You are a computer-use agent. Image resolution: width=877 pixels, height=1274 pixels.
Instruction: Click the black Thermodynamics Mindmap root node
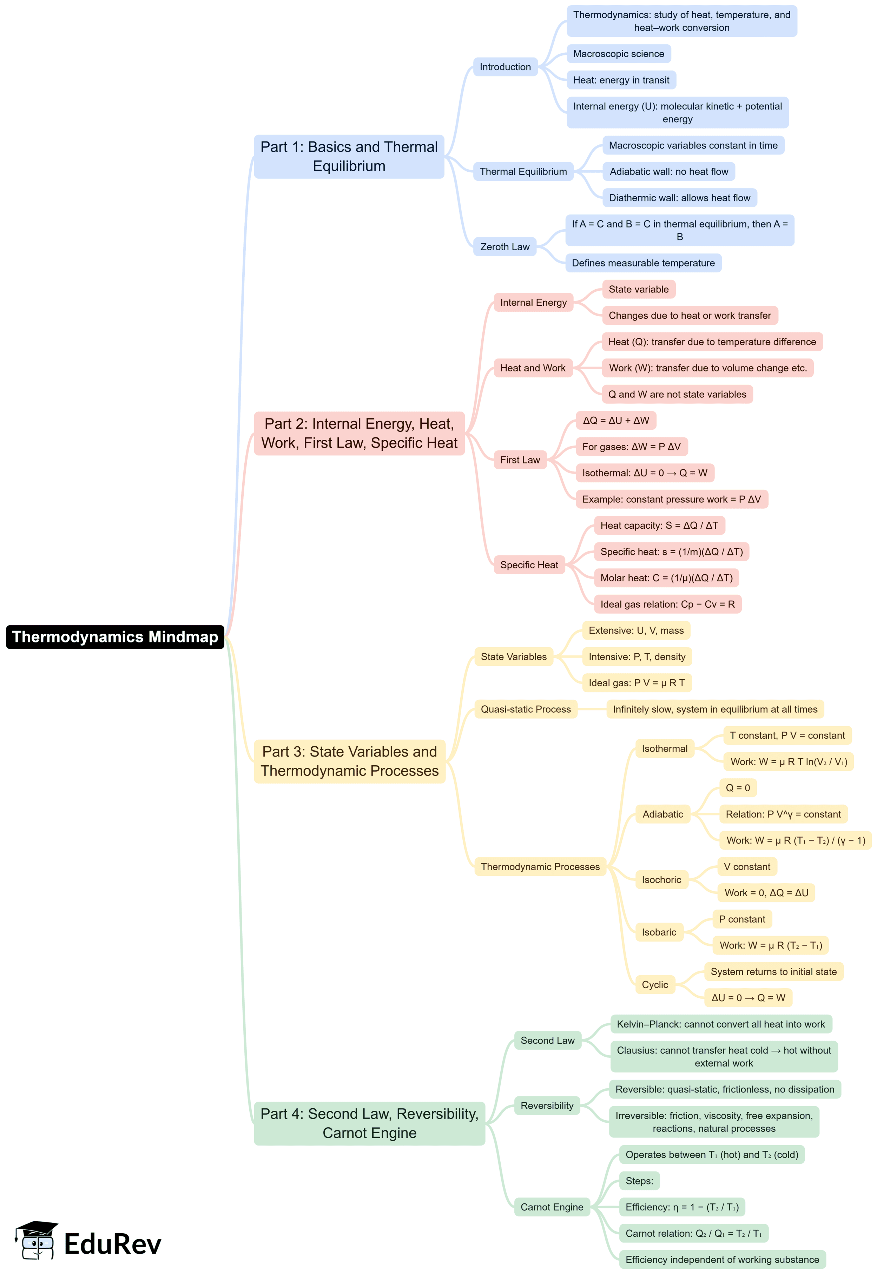(x=115, y=637)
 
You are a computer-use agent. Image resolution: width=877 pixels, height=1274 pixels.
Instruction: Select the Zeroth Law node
(x=505, y=247)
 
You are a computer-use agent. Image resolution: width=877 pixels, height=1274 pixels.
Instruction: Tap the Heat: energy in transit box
(x=621, y=80)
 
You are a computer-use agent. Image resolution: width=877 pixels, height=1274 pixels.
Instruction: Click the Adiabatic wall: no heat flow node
(x=668, y=171)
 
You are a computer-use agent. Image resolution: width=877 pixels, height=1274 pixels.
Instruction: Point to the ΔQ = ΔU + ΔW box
(x=615, y=420)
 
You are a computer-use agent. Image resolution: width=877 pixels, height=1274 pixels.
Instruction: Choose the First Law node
(x=520, y=460)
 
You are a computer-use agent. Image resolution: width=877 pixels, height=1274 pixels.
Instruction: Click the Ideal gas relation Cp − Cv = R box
(x=667, y=604)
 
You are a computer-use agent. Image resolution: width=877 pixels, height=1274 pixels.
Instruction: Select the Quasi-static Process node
(x=525, y=709)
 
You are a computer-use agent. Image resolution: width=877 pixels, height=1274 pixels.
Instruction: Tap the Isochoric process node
(x=661, y=879)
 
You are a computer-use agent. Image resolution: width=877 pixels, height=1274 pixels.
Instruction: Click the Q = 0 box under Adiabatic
(x=737, y=788)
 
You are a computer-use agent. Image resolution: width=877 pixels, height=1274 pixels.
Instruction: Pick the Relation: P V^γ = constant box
(x=783, y=814)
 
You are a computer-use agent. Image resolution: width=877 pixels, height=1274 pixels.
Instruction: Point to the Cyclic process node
(x=654, y=984)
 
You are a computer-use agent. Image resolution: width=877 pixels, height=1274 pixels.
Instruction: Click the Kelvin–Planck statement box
(x=720, y=1024)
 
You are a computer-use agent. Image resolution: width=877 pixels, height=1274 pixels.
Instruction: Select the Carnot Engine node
(x=552, y=1207)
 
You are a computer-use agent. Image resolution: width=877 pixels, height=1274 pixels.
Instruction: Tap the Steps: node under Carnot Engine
(x=639, y=1181)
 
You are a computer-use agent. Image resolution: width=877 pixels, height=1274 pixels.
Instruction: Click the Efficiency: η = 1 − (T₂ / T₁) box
(x=681, y=1207)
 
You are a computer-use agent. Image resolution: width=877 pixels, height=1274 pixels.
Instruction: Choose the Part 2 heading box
(x=359, y=434)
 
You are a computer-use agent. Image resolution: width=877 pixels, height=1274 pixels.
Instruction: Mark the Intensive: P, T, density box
(x=637, y=656)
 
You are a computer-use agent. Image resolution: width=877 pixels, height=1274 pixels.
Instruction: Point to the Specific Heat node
(x=529, y=565)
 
